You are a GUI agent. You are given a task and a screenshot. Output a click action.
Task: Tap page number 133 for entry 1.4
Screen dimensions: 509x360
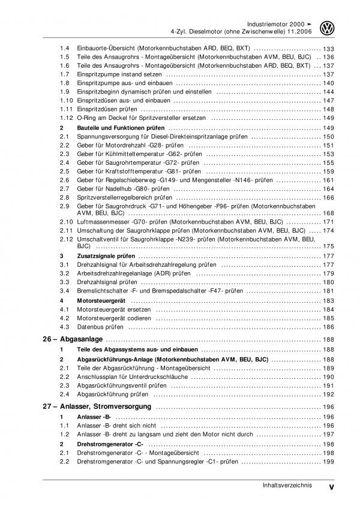tap(328, 48)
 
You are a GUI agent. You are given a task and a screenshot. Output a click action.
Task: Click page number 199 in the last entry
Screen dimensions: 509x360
tap(328, 463)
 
